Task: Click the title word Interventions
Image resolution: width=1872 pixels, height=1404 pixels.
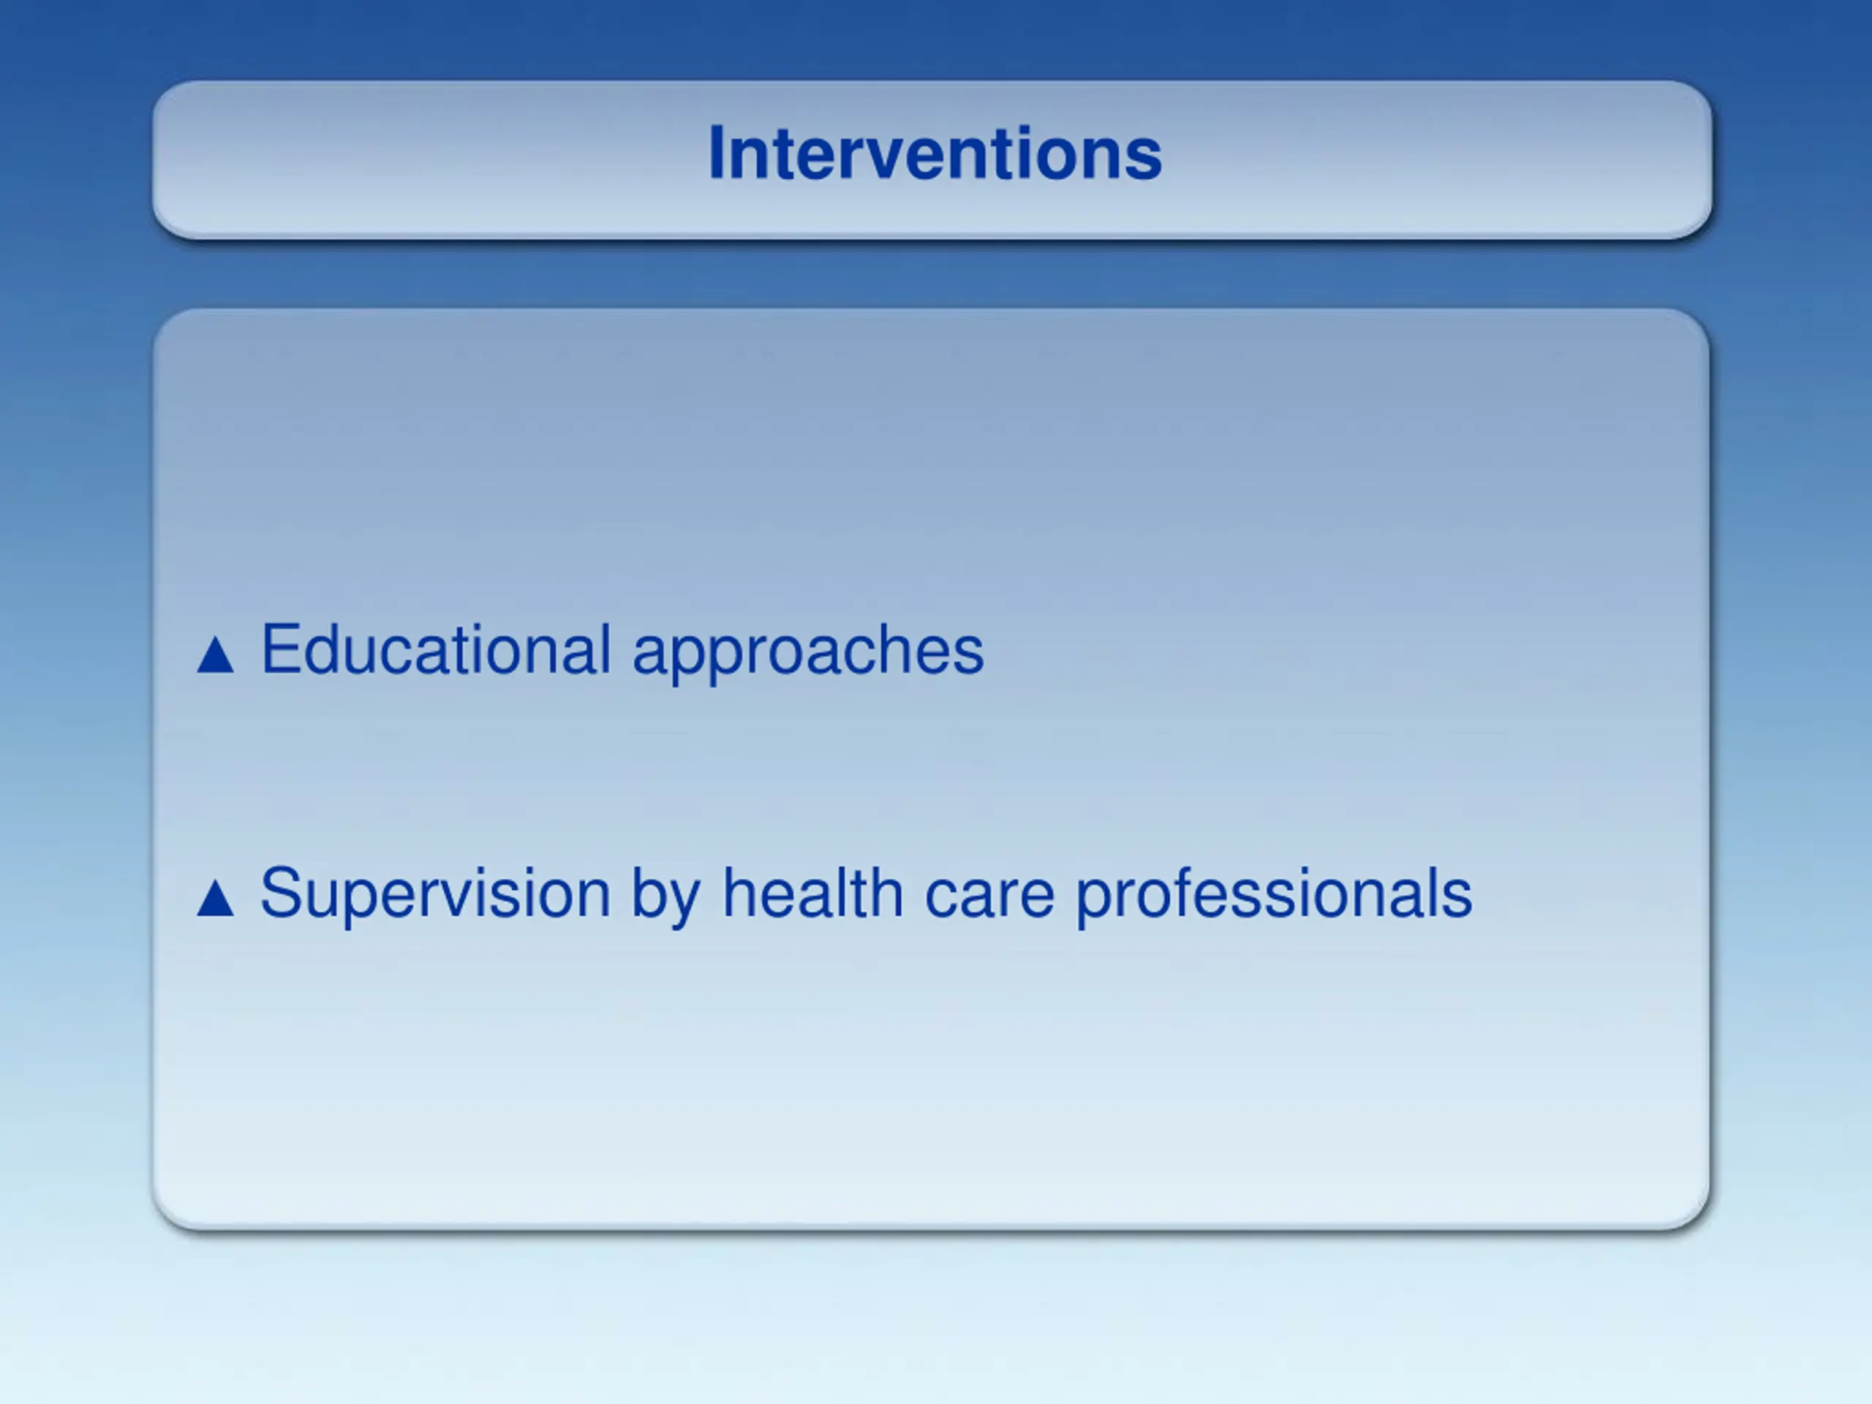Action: point(935,153)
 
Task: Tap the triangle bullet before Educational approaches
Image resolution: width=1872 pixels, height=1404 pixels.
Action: point(215,655)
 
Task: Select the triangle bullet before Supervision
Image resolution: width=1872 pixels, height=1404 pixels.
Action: point(215,898)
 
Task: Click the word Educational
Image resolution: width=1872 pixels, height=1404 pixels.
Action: point(436,649)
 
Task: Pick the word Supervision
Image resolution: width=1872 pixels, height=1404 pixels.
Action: point(435,893)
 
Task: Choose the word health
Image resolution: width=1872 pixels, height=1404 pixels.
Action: point(812,892)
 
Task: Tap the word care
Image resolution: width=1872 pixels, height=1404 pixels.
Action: point(990,899)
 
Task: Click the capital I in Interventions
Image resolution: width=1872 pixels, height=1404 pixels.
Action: point(716,153)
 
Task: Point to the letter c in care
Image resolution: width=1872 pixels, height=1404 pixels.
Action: point(943,899)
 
